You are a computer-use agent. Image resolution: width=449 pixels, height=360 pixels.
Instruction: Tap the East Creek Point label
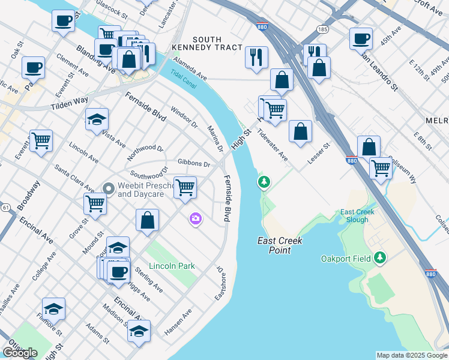click(280, 245)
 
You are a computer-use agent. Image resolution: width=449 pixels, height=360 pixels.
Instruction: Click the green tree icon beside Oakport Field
click(379, 258)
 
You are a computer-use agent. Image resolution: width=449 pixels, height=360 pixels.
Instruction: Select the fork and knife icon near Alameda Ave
click(256, 57)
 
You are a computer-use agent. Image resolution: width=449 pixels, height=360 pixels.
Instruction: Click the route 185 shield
click(324, 29)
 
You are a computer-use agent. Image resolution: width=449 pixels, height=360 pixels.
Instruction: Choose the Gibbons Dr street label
click(194, 164)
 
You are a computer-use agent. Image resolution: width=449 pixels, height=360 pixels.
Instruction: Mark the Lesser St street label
click(318, 155)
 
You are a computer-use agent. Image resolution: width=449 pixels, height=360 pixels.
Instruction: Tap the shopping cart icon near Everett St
click(41, 141)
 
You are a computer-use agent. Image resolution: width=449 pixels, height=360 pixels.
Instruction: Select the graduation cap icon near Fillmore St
click(53, 308)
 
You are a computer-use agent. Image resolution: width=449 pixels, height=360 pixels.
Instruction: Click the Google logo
click(20, 353)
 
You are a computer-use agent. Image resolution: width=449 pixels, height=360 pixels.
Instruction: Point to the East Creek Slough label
click(357, 216)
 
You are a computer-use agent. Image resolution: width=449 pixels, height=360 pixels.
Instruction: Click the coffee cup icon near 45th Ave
click(361, 38)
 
